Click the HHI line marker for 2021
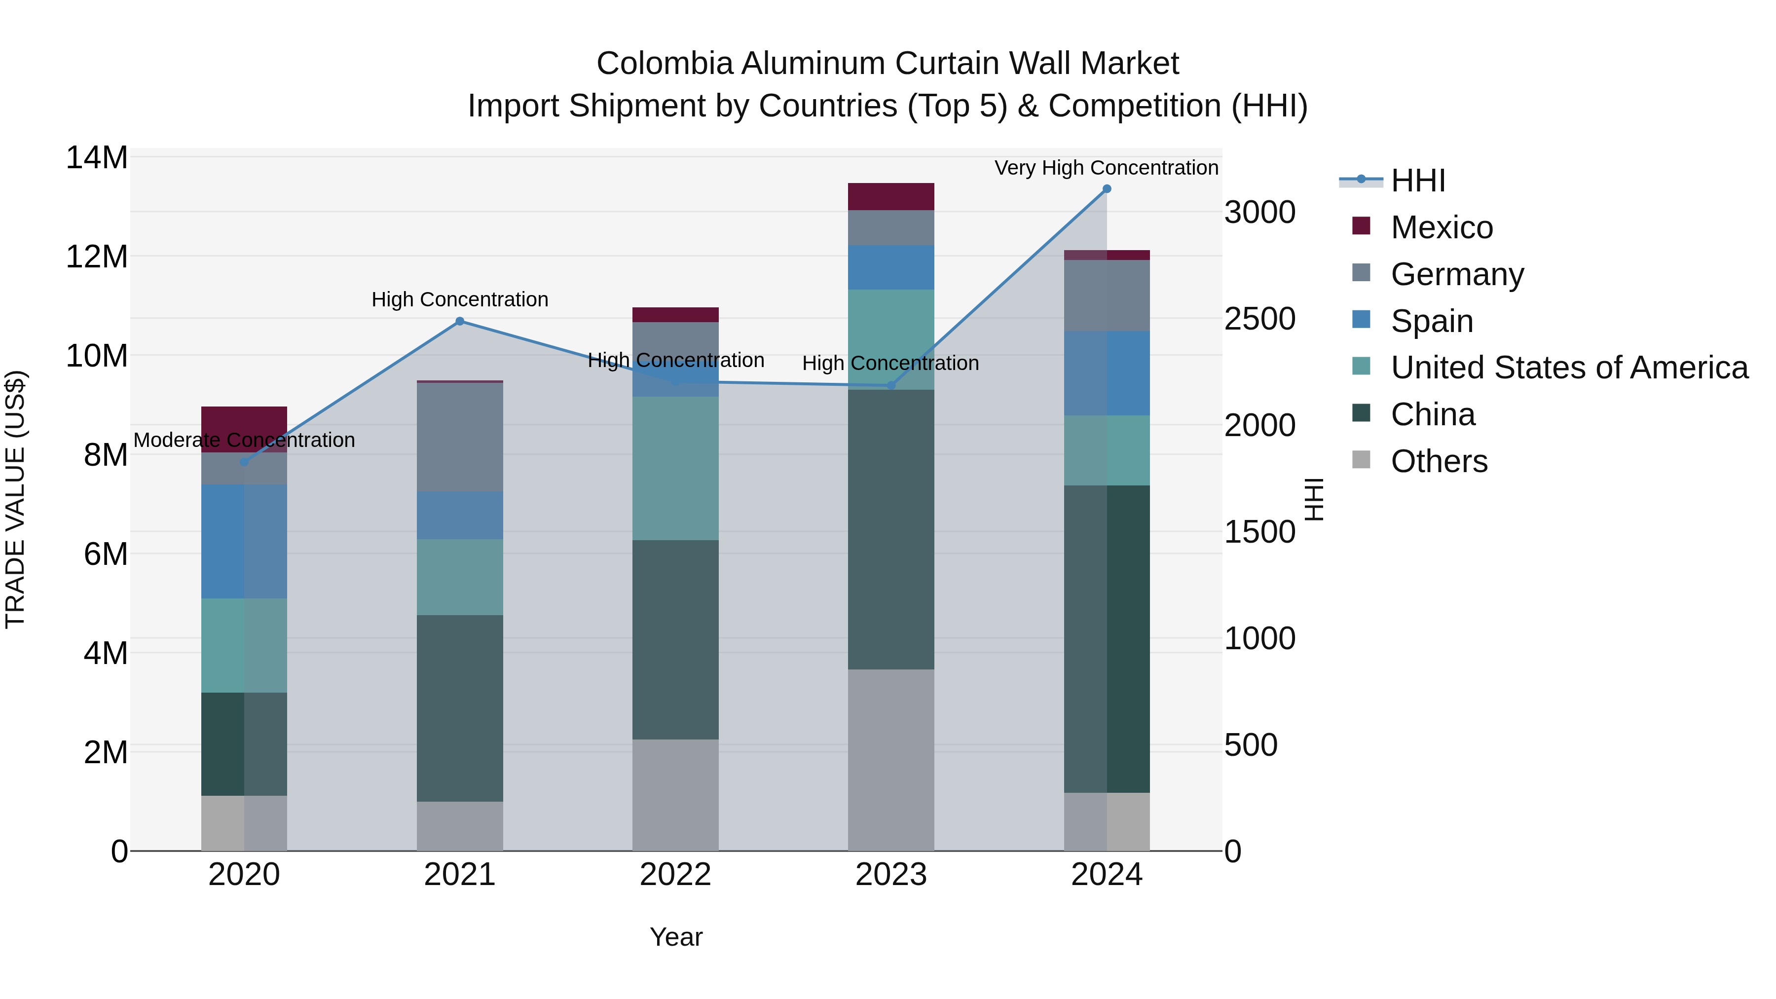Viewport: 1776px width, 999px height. (x=460, y=321)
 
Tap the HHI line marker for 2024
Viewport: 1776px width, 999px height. (x=1107, y=189)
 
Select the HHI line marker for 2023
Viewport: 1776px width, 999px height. (x=891, y=385)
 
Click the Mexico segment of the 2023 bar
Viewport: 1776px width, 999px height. (x=891, y=196)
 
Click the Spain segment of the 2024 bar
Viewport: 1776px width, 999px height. (x=1107, y=373)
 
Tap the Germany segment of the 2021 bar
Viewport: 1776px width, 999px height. (x=460, y=437)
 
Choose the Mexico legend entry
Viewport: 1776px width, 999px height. (x=1441, y=227)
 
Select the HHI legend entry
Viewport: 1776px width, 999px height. (x=1417, y=181)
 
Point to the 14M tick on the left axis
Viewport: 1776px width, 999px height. (x=97, y=158)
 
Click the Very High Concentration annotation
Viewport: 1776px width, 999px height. (x=1106, y=168)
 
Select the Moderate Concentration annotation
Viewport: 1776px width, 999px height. (x=244, y=440)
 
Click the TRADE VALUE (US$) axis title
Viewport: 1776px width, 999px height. (x=15, y=499)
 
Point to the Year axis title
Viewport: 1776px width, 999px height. (x=676, y=937)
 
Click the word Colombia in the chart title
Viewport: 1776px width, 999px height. (x=664, y=64)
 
